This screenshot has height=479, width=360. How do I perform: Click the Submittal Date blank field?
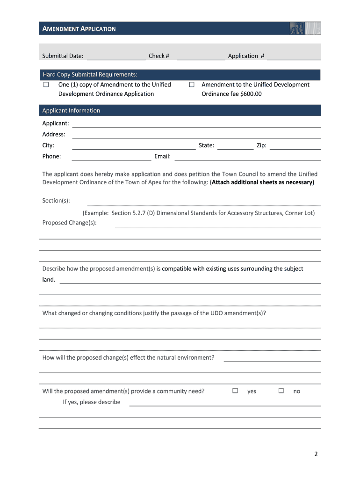[x=116, y=57]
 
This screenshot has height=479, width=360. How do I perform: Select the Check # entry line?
[x=201, y=57]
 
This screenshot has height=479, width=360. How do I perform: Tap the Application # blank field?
[x=294, y=57]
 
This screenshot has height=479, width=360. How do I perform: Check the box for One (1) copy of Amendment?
[x=46, y=85]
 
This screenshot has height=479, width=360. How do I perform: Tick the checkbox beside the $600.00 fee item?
[x=192, y=85]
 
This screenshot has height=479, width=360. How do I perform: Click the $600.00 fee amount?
[x=251, y=94]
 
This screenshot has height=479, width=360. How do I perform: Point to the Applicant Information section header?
[x=71, y=110]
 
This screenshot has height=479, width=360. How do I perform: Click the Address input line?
[x=196, y=135]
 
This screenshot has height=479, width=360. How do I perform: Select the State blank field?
[x=235, y=146]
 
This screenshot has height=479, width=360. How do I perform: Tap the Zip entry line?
[x=295, y=146]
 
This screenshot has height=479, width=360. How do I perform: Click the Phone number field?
[x=111, y=157]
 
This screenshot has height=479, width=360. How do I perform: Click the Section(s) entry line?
[x=204, y=202]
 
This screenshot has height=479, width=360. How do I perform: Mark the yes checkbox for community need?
[x=235, y=391]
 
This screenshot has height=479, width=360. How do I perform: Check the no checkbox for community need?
[x=281, y=391]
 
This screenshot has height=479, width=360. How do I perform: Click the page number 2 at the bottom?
[x=316, y=454]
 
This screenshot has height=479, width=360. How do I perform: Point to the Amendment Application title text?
[x=79, y=29]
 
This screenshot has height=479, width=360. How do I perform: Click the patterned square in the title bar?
[x=305, y=29]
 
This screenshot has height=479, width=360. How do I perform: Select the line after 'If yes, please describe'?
[x=224, y=403]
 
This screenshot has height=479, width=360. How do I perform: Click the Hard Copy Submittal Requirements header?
[x=90, y=74]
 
